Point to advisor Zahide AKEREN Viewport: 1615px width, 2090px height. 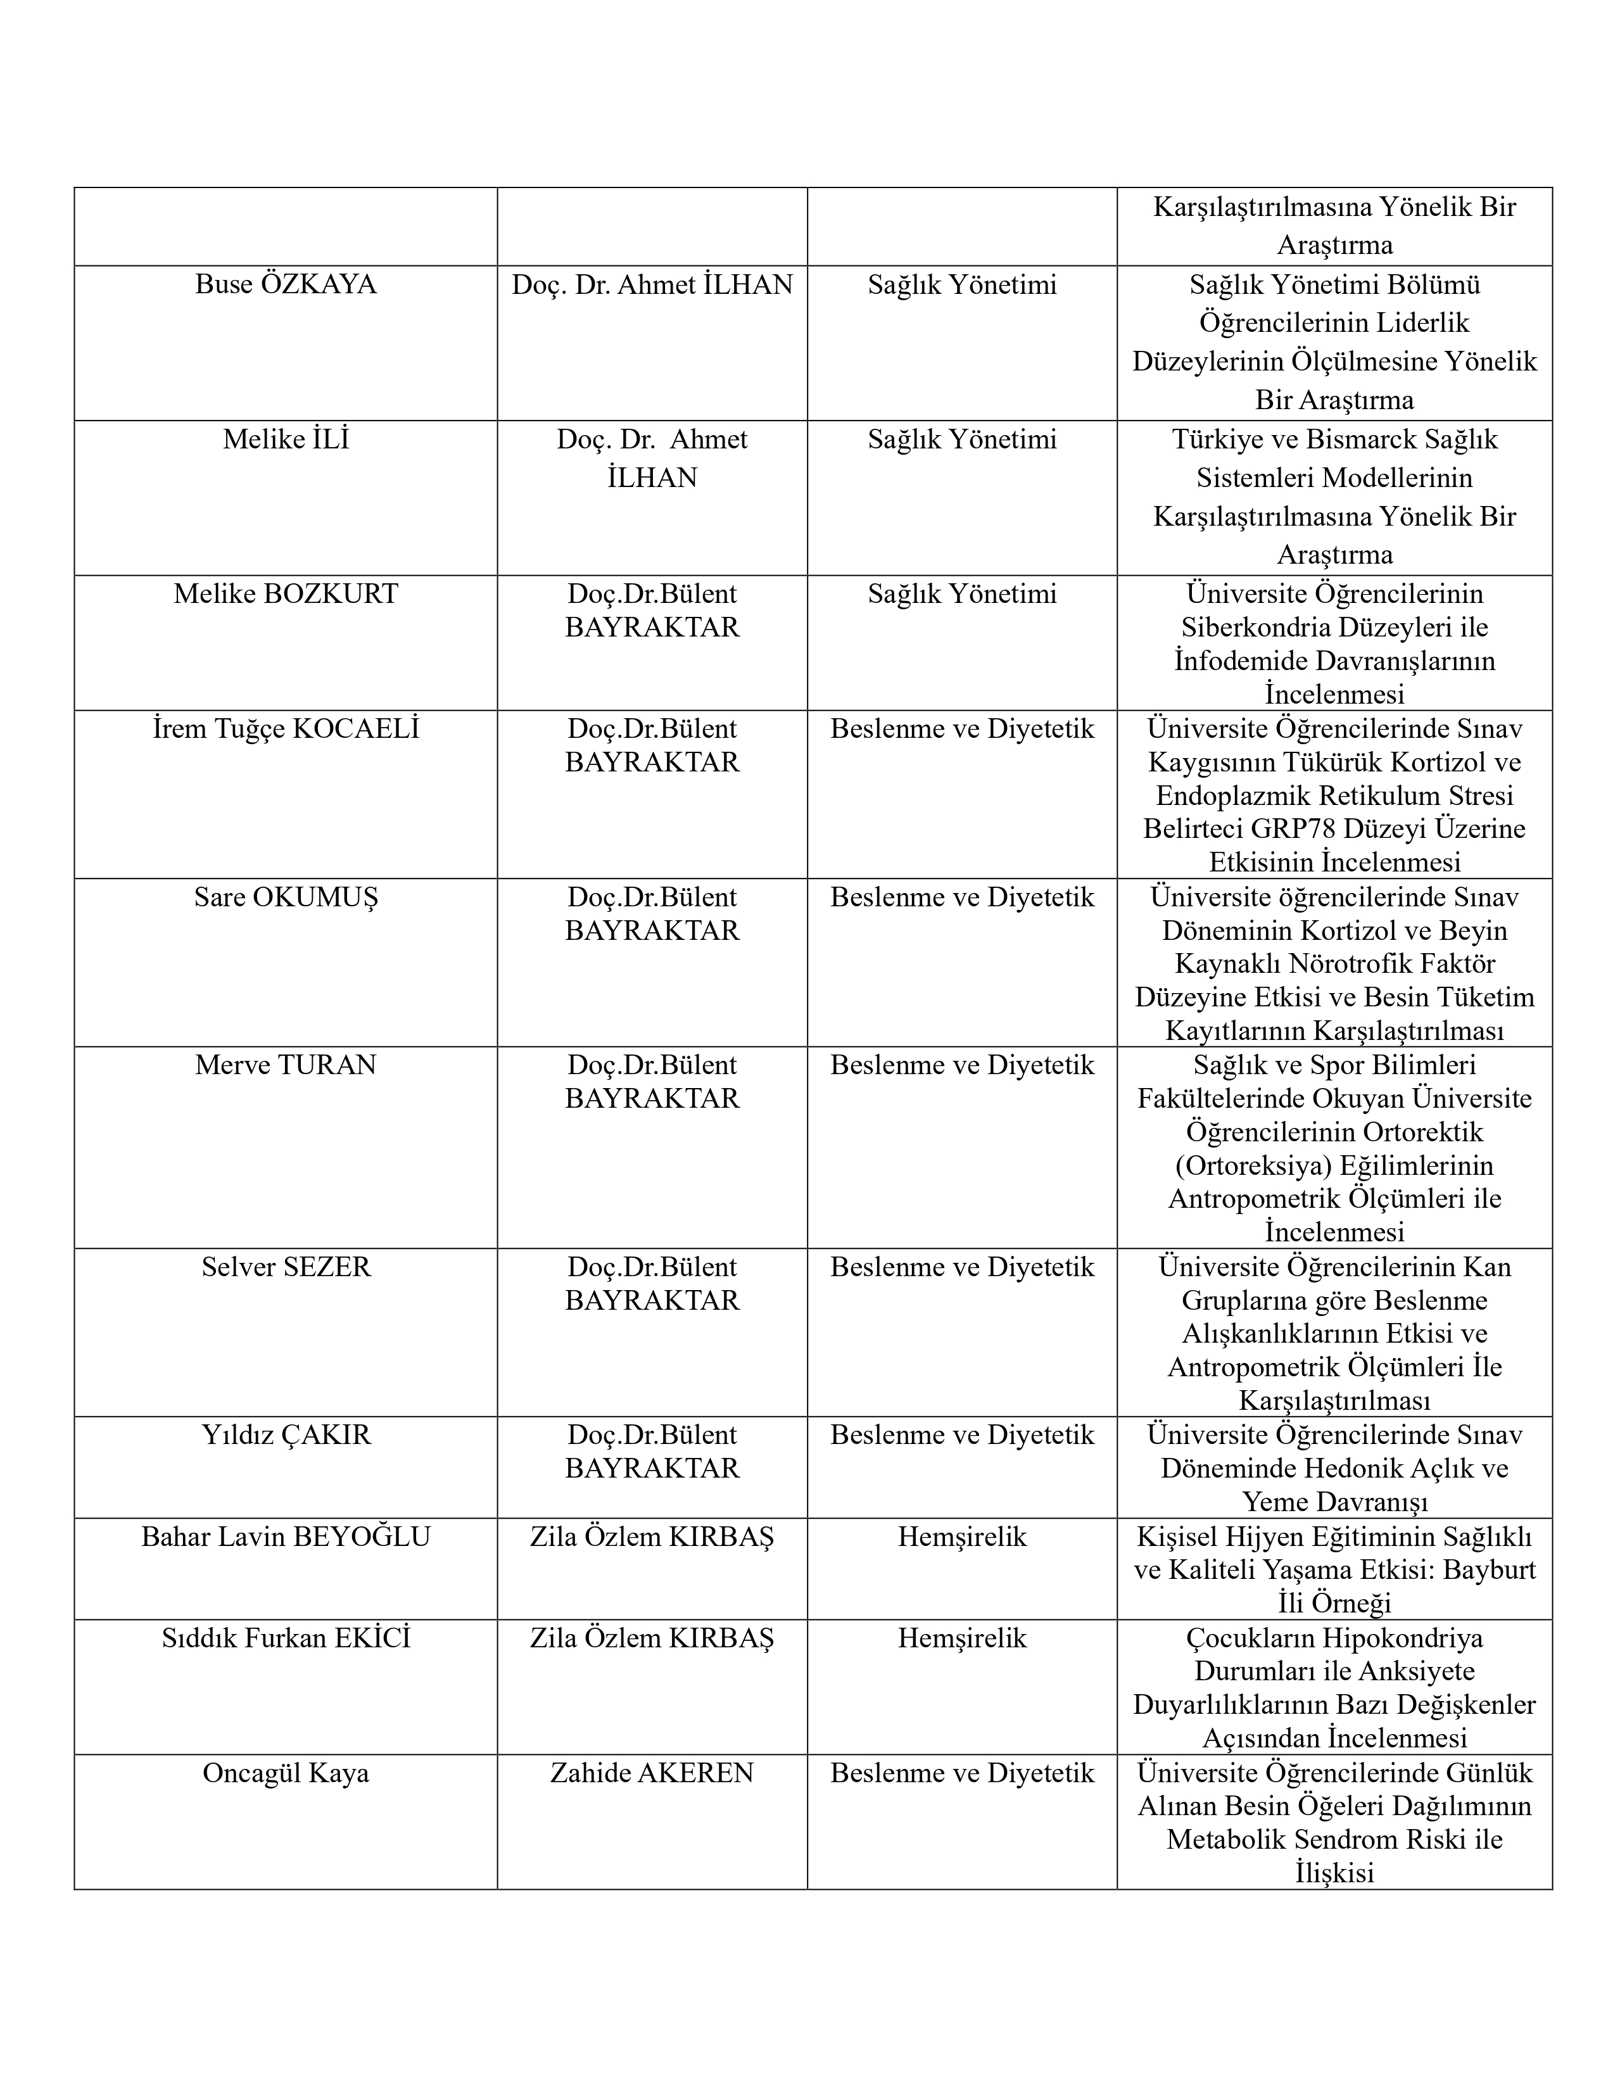tap(652, 1773)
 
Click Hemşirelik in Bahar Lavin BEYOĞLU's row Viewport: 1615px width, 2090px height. tap(961, 1537)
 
